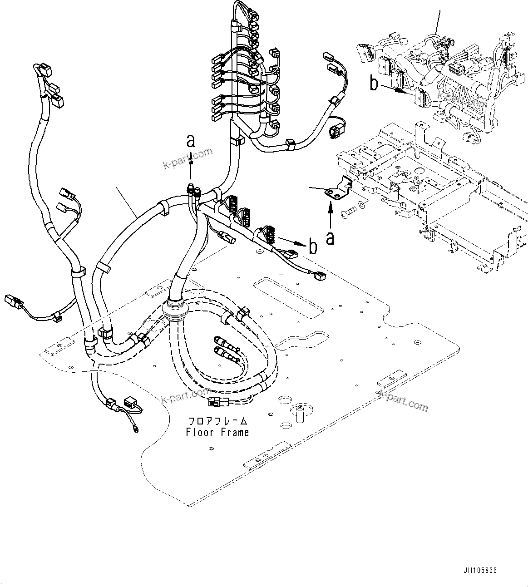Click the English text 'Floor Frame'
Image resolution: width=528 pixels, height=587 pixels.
(x=217, y=432)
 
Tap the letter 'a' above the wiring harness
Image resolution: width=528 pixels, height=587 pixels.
(x=191, y=142)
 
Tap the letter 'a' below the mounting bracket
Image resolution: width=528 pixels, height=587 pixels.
(x=330, y=237)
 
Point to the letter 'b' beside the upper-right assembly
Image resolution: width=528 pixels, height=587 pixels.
(x=374, y=84)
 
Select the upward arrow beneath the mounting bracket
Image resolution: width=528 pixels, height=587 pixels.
(x=330, y=216)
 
